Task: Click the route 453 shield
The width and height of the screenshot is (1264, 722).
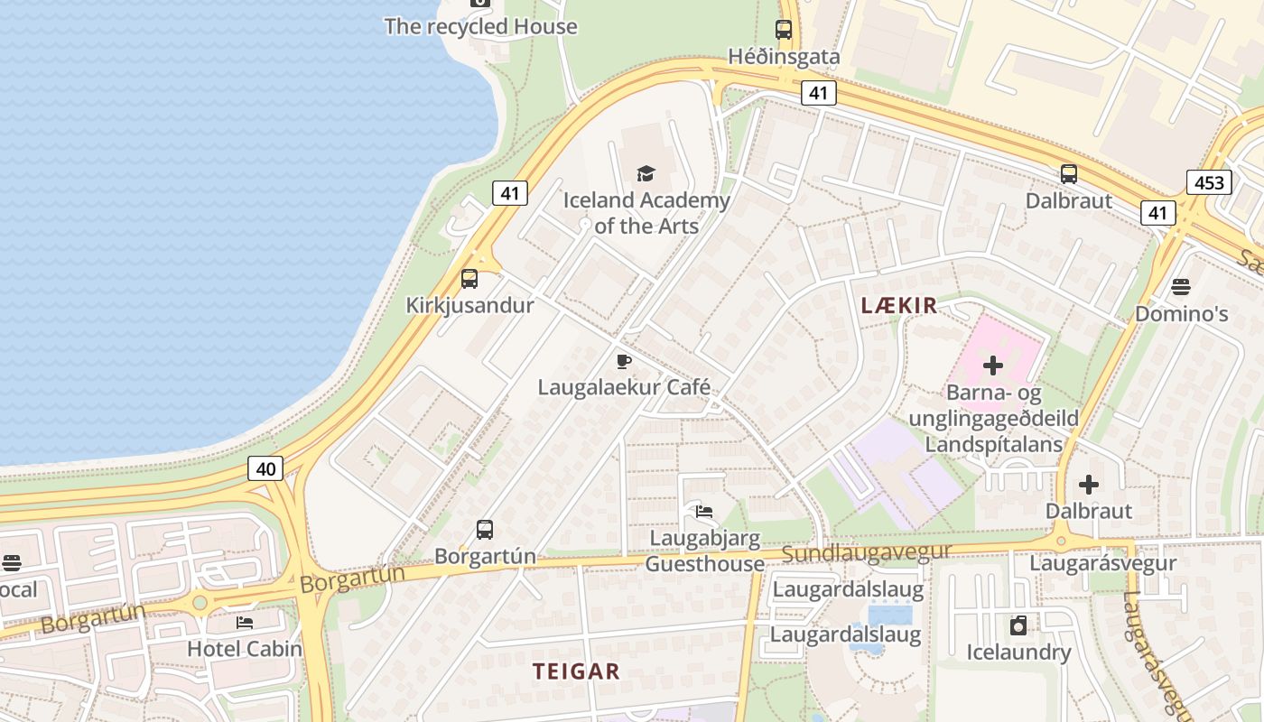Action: [1209, 182]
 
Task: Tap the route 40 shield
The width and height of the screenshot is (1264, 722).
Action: [265, 467]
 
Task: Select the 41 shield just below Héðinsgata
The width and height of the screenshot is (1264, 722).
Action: [818, 92]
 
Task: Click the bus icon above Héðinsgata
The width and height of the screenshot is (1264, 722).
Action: [784, 29]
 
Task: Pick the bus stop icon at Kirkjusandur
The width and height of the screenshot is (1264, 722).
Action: [469, 279]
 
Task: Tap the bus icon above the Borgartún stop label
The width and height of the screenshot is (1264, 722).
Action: [485, 530]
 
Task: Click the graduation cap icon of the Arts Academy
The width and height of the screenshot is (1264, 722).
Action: [646, 173]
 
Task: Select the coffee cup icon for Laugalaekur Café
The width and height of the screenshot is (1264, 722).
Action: [623, 362]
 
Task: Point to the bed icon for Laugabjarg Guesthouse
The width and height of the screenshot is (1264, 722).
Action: [704, 512]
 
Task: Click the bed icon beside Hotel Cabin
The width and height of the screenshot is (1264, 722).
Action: [245, 622]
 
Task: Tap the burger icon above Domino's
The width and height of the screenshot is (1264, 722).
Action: [1181, 287]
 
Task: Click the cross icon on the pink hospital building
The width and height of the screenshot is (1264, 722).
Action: [993, 366]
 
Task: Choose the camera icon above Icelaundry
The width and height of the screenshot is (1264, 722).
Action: [1018, 625]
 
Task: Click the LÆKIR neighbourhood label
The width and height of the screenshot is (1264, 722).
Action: [899, 306]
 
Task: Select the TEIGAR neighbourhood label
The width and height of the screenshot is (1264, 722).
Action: [576, 671]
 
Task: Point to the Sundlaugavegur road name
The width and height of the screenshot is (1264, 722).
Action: [867, 552]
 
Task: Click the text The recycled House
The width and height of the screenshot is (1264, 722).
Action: [480, 26]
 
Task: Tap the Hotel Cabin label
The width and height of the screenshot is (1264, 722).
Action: [245, 648]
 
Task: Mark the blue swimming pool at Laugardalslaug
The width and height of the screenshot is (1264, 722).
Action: [888, 616]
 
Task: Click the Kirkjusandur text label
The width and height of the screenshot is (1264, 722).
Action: [469, 305]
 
